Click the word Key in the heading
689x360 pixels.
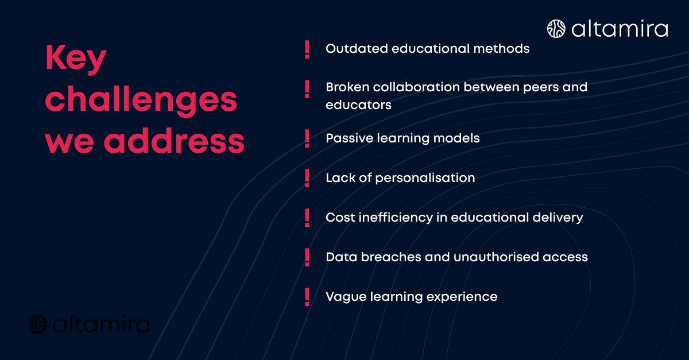pos(76,59)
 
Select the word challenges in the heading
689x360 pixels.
pos(141,100)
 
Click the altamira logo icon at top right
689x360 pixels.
pos(556,29)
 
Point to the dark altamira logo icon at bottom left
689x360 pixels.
pos(38,324)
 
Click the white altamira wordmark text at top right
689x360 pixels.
pos(620,29)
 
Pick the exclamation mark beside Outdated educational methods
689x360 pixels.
pos(307,49)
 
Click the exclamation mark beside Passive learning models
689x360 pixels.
pos(307,139)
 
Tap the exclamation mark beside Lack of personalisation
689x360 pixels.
pos(307,179)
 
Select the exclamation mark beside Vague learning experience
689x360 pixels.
pos(307,297)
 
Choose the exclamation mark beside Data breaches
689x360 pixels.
pos(307,257)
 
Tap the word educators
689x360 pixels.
pos(358,105)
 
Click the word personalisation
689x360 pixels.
pos(425,178)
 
